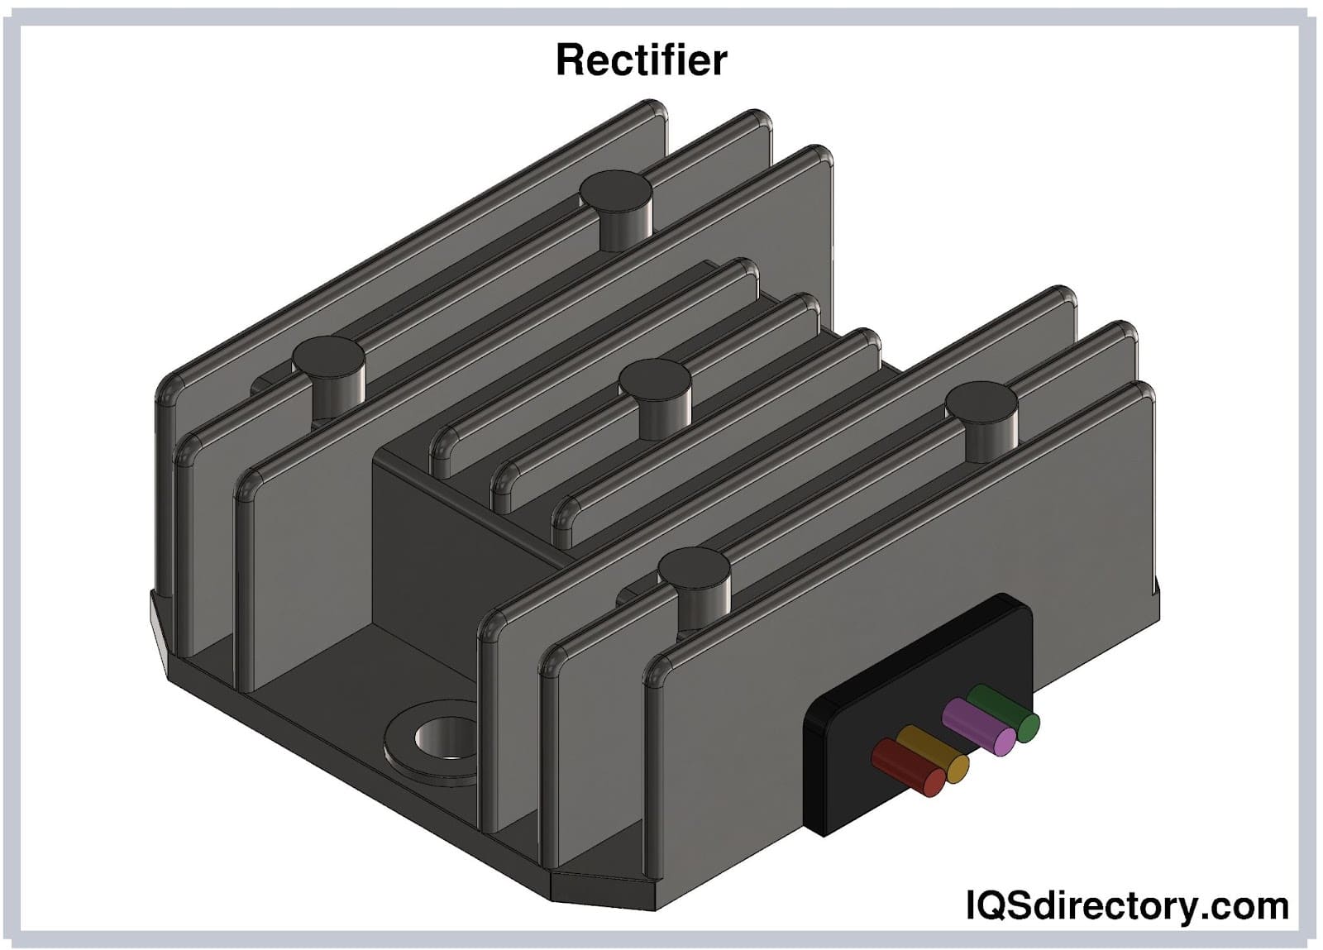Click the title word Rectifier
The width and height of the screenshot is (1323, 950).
tap(641, 60)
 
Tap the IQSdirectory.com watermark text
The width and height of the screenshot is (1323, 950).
tap(1127, 905)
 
